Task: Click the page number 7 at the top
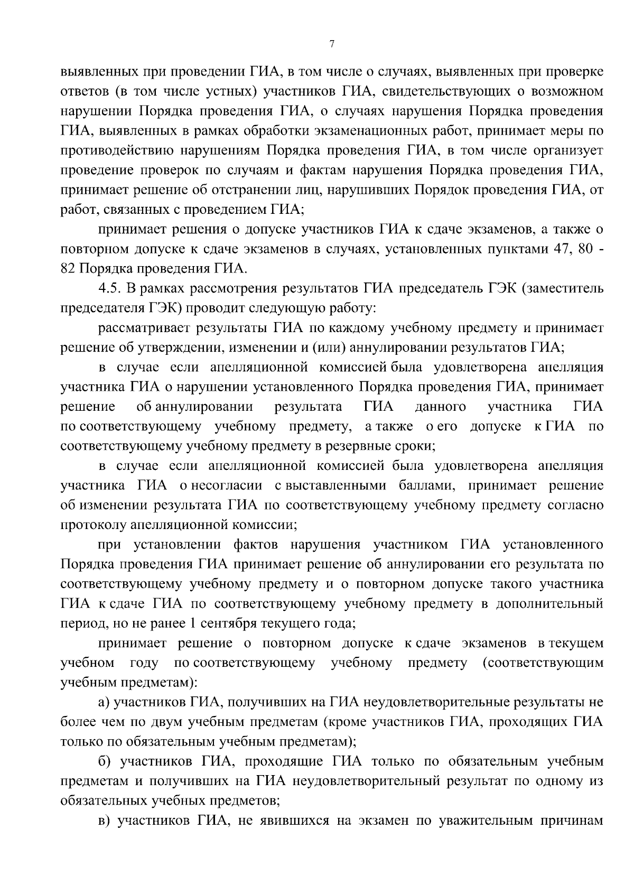pyautogui.click(x=331, y=45)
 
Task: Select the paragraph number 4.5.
pyautogui.click(x=110, y=288)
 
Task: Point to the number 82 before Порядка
pyautogui.click(x=69, y=269)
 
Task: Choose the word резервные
pyautogui.click(x=359, y=446)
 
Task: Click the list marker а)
pyautogui.click(x=105, y=702)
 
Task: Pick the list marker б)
pyautogui.click(x=105, y=761)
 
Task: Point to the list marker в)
pyautogui.click(x=105, y=820)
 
